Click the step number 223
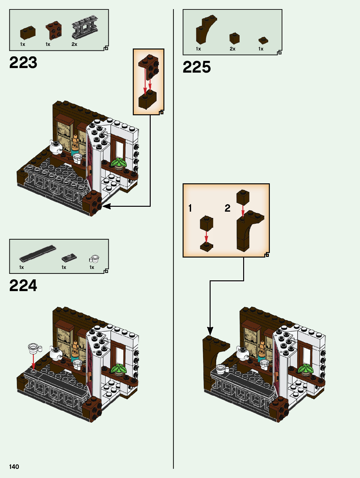23,63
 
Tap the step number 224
23,286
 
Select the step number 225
197,67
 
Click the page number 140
14,467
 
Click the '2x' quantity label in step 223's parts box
74,44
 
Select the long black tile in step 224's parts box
38,253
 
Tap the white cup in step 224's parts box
94,259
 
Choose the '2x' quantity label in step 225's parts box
232,49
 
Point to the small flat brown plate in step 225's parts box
263,41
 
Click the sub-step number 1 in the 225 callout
190,208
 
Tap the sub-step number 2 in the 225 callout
228,208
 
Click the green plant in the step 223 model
119,162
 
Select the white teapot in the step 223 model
56,148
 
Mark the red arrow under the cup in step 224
33,362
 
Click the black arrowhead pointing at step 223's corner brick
106,206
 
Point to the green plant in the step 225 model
305,369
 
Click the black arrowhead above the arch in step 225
210,331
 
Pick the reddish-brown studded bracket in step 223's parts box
53,30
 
